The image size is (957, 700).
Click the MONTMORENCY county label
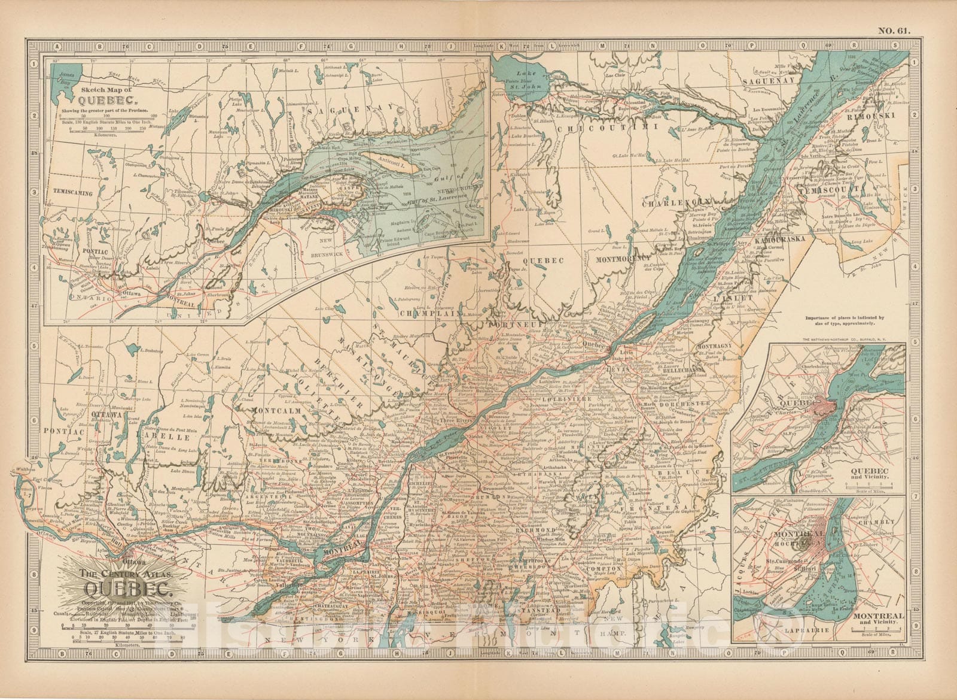point(622,259)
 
